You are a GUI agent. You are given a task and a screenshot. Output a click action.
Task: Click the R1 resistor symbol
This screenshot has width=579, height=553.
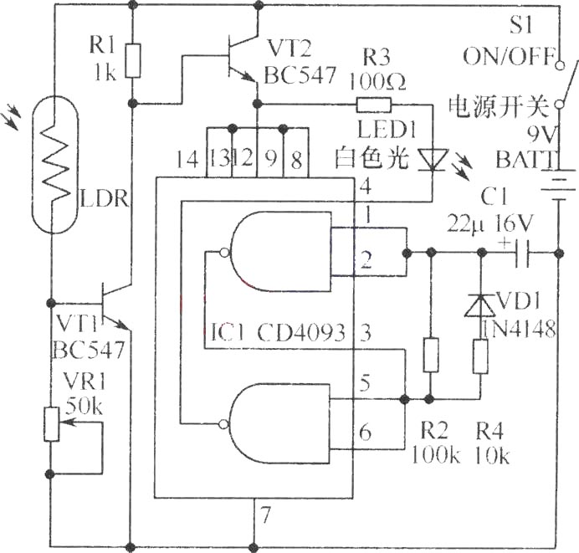(x=132, y=60)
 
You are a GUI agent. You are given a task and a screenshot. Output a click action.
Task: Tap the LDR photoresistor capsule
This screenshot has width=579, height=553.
(x=54, y=164)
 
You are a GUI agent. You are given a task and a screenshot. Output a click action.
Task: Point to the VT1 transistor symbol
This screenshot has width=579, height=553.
(x=115, y=305)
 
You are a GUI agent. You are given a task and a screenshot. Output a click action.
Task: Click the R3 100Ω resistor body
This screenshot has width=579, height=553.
(x=373, y=105)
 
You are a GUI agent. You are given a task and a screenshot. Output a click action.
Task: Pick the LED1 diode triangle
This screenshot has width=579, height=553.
(x=433, y=160)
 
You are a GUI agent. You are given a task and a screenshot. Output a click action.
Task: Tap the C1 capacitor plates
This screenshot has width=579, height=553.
(x=522, y=253)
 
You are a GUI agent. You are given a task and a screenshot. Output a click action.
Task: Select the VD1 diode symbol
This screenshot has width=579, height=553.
(x=480, y=305)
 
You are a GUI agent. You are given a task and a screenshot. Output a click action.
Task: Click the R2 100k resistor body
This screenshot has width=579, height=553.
(x=431, y=355)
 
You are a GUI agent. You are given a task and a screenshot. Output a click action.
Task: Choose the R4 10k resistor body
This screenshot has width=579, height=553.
(x=480, y=356)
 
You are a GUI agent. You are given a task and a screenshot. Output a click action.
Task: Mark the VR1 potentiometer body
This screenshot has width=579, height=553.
(x=51, y=424)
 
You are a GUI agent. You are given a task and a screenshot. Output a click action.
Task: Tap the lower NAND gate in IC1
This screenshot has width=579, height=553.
(x=276, y=424)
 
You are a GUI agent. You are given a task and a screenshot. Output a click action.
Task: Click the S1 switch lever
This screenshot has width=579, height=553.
(x=569, y=82)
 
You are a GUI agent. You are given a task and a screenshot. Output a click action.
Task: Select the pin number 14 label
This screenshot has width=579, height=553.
(x=188, y=160)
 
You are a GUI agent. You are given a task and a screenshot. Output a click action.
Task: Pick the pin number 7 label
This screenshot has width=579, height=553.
(x=265, y=515)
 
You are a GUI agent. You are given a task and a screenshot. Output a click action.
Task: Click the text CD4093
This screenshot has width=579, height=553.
(x=301, y=332)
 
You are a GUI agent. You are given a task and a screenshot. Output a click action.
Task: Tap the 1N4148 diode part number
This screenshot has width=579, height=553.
(x=520, y=328)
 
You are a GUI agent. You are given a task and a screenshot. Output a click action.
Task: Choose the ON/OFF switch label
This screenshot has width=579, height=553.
(x=510, y=56)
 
